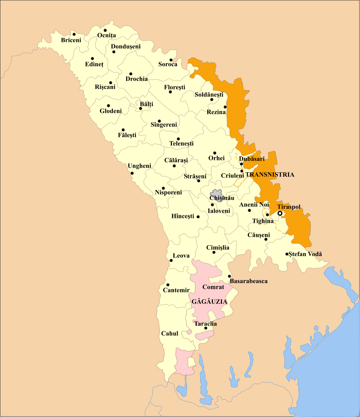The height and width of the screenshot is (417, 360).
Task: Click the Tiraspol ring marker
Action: pyautogui.click(x=280, y=213)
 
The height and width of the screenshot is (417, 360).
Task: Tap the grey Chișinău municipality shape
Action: pyautogui.click(x=216, y=194)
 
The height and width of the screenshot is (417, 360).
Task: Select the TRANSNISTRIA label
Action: pyautogui.click(x=270, y=175)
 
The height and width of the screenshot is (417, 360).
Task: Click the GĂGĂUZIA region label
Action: pyautogui.click(x=209, y=301)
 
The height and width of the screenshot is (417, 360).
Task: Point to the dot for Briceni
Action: pyautogui.click(x=74, y=34)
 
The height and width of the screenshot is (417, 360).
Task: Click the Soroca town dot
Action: pyautogui.click(x=171, y=60)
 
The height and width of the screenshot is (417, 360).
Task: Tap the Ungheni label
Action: pyautogui.click(x=139, y=166)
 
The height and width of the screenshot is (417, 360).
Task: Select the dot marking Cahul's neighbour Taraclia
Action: pyautogui.click(x=206, y=328)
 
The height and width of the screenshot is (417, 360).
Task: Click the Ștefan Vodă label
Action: pyautogui.click(x=305, y=254)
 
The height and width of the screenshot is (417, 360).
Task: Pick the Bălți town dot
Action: pyautogui.click(x=141, y=108)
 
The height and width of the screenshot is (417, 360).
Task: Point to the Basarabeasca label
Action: pyautogui.click(x=249, y=281)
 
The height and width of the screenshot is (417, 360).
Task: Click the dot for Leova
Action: pyautogui.click(x=171, y=260)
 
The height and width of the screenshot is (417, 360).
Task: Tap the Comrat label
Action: pyautogui.click(x=213, y=287)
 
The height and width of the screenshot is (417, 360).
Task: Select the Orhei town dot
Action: pyautogui.click(x=215, y=153)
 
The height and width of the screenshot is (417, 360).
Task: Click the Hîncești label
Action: pyautogui.click(x=182, y=217)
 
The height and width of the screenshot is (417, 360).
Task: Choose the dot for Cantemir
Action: pyautogui.click(x=168, y=285)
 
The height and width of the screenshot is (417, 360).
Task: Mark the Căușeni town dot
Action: pyautogui.click(x=266, y=239)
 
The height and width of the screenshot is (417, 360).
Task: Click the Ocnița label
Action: pyautogui.click(x=106, y=35)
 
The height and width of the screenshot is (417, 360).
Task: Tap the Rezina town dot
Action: pyautogui.click(x=225, y=107)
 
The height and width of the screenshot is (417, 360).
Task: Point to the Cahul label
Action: pyautogui.click(x=170, y=334)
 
